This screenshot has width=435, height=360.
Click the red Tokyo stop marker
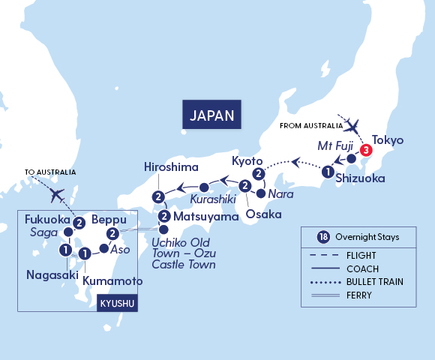(364, 150)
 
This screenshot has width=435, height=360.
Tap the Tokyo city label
(388, 140)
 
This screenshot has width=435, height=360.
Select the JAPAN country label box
(214, 115)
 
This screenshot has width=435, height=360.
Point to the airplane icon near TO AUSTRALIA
(56, 194)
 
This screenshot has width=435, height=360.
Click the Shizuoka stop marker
(328, 172)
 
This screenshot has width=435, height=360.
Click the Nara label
(276, 193)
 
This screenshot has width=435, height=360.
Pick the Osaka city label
(264, 214)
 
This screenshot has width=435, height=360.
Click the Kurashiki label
(212, 201)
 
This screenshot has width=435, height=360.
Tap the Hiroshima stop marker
(158, 197)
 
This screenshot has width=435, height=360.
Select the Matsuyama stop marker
(164, 217)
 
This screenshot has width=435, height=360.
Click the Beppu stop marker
(112, 234)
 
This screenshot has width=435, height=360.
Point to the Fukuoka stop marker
(79, 222)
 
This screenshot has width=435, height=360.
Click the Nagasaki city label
(49, 274)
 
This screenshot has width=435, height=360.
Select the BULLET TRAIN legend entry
(370, 283)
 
